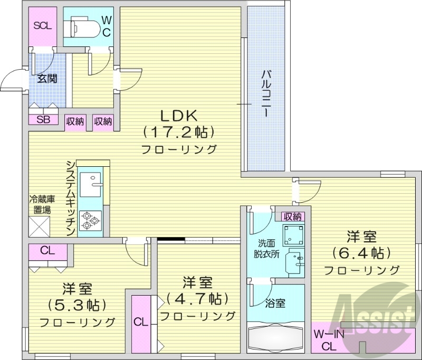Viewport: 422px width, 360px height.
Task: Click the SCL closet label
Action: tap(42, 25)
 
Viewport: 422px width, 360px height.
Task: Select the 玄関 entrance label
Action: tap(47, 79)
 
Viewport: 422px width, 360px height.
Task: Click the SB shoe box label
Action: tap(43, 119)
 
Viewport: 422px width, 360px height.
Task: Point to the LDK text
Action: tap(179, 115)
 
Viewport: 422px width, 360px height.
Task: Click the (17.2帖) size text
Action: tap(179, 132)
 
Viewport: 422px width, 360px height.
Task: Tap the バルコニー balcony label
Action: tap(266, 92)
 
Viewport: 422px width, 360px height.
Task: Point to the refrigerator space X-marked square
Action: tap(40, 226)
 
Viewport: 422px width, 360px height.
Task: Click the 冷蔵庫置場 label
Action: tap(41, 204)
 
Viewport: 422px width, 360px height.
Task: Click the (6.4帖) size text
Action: tap(361, 253)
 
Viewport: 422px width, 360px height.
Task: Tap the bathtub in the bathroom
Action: tap(276, 338)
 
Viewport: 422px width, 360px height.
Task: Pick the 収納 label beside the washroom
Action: tap(292, 216)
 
